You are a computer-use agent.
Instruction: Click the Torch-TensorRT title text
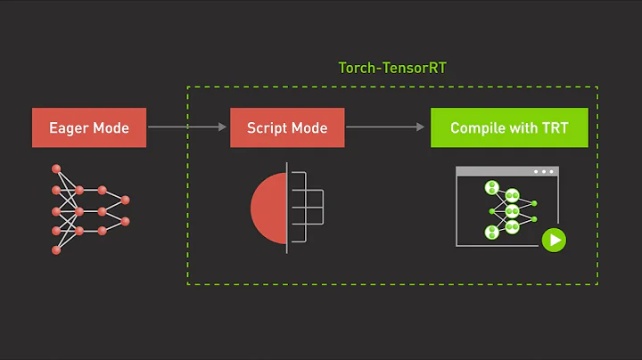(x=391, y=68)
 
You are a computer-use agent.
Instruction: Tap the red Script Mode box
(x=286, y=127)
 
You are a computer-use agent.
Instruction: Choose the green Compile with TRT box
(x=509, y=127)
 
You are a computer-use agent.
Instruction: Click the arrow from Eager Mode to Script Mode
(x=186, y=127)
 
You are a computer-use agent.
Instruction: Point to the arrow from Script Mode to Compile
(x=385, y=127)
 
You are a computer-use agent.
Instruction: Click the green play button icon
(x=555, y=239)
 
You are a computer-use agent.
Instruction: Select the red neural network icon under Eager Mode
(x=89, y=210)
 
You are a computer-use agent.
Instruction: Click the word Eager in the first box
(x=68, y=128)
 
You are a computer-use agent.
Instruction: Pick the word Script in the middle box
(x=266, y=128)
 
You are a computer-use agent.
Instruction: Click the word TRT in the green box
(x=555, y=128)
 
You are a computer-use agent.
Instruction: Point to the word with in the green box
(x=524, y=128)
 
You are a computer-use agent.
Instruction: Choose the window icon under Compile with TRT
(x=506, y=207)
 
